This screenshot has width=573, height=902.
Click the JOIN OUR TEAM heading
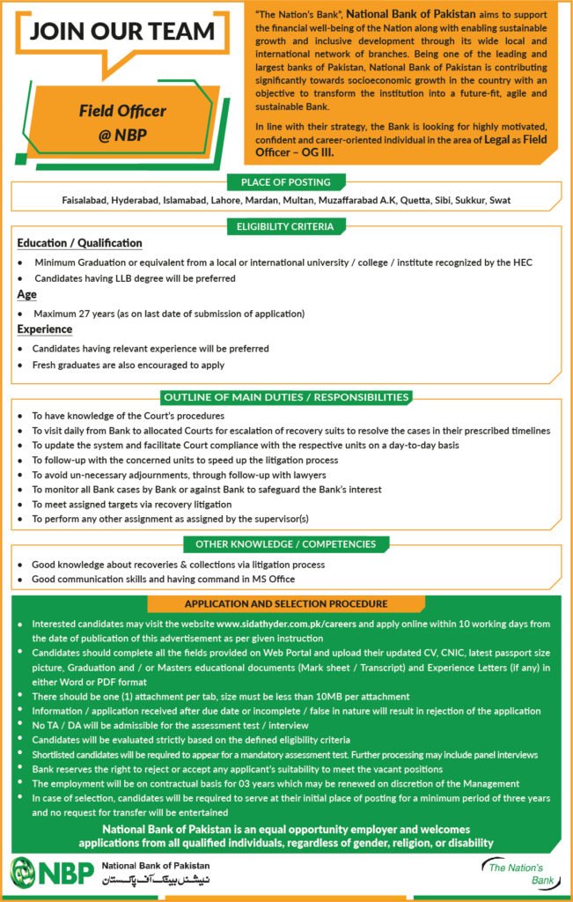122,32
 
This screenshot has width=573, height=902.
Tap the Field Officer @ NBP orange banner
122,124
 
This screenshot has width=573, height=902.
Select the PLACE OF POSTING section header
285,182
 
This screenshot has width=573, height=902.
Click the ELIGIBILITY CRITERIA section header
286,226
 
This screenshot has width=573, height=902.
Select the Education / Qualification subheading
79,243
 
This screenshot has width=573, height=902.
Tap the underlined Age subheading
26,295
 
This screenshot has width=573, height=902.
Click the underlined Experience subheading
44,329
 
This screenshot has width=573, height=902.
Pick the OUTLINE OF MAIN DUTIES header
286,397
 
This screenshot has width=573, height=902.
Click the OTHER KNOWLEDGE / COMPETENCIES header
286,544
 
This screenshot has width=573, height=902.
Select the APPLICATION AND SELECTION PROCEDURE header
286,604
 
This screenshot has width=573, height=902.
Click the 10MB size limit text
328,697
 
